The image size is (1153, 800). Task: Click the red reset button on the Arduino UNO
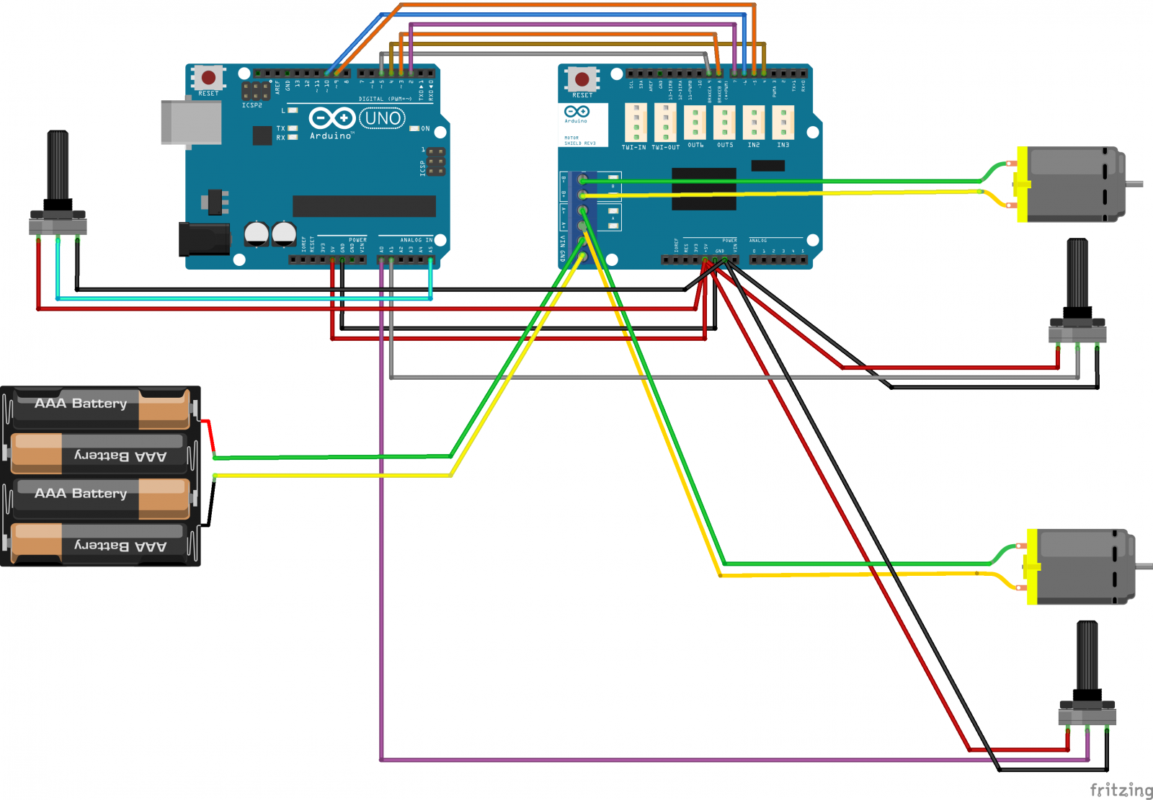coord(208,77)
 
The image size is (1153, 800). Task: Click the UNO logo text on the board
coord(383,118)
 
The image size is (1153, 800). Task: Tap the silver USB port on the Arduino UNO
coord(192,123)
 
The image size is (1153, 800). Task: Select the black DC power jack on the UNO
coord(204,239)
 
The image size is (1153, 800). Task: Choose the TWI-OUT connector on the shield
coord(665,123)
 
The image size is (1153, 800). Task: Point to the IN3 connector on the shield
coord(783,122)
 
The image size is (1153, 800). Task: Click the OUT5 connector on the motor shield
coord(724,122)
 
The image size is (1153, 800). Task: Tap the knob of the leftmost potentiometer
coord(58,166)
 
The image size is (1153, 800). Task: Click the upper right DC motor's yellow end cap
coord(1022,185)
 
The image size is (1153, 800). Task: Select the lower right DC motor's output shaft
coord(1144,566)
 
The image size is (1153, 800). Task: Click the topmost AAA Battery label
coord(81,404)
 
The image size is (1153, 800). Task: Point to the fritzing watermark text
coord(1121,790)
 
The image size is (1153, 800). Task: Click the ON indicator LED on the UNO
coord(414,128)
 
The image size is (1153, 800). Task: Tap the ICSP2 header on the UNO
coord(255,92)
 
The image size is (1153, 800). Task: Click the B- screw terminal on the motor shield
coord(582,179)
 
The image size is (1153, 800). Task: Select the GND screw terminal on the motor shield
coord(582,257)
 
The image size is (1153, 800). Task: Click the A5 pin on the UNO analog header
coord(431,259)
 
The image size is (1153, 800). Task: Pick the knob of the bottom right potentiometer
coord(1087,656)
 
